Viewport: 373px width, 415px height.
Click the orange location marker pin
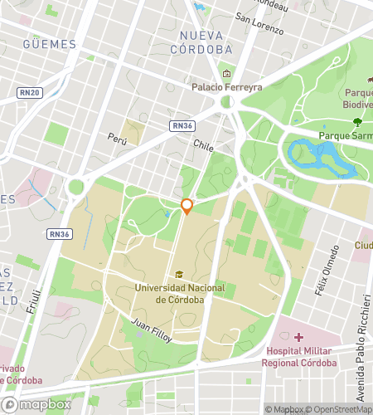coord(187,207)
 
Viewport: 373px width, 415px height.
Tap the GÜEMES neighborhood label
coord(50,44)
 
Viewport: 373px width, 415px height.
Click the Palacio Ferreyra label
coord(226,86)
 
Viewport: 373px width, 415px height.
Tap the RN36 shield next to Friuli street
coord(59,235)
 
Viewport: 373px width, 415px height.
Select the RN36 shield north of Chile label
coord(183,125)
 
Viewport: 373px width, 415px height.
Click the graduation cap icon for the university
coord(179,275)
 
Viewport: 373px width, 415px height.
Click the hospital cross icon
coord(298,336)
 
